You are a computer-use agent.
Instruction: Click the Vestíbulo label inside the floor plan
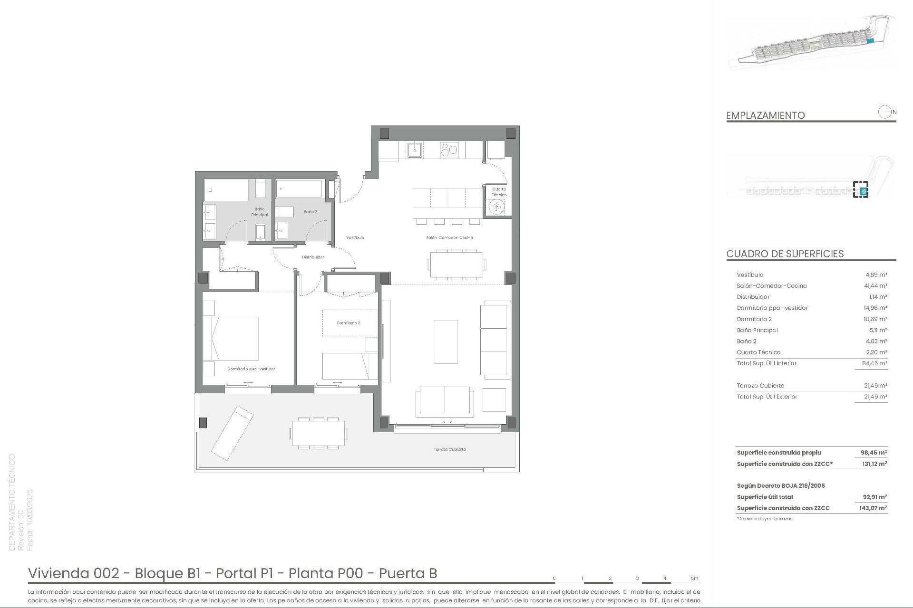point(355,237)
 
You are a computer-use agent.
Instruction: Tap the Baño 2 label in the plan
point(310,212)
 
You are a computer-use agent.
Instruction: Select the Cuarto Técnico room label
point(499,192)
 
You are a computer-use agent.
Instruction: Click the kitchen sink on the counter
point(414,150)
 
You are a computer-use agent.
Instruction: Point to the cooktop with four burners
point(449,150)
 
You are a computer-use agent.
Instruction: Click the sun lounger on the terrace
point(232,432)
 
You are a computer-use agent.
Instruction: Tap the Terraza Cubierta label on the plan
point(449,449)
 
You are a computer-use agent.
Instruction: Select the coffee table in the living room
point(446,342)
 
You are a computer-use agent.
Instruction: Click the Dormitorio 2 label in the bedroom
point(348,323)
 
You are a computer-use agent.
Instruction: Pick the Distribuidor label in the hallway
point(313,257)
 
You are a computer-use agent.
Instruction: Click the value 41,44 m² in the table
point(875,286)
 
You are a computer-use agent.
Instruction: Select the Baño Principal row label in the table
point(757,330)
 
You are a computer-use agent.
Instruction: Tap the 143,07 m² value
point(874,508)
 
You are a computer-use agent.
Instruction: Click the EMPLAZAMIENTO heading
point(765,115)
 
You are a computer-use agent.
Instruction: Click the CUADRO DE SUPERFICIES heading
point(785,254)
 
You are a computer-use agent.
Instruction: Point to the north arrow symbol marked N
point(885,113)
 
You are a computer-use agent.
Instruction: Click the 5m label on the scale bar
point(695,579)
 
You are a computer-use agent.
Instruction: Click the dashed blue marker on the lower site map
point(860,190)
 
